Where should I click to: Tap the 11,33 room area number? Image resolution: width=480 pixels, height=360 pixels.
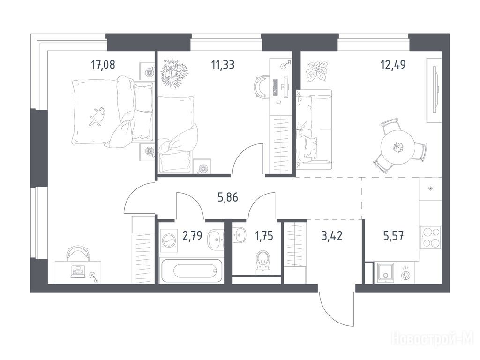[223, 65]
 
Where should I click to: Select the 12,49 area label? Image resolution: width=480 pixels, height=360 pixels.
[393, 65]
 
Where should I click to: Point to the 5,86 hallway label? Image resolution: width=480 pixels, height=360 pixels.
[227, 197]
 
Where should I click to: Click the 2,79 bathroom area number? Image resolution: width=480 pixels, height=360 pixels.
[192, 236]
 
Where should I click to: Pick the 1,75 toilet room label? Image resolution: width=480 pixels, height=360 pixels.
[264, 236]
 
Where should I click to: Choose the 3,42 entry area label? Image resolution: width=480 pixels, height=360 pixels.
[332, 236]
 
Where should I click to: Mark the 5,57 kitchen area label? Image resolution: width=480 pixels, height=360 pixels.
[393, 236]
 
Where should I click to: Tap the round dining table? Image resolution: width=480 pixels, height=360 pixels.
[397, 147]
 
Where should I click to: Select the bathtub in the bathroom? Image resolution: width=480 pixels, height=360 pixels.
[192, 270]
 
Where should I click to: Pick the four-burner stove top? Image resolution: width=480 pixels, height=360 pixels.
[430, 237]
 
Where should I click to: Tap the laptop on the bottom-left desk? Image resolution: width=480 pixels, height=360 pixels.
[78, 272]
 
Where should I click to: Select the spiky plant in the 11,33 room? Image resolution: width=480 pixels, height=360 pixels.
[174, 73]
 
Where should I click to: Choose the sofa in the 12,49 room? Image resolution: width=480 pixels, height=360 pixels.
[314, 129]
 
